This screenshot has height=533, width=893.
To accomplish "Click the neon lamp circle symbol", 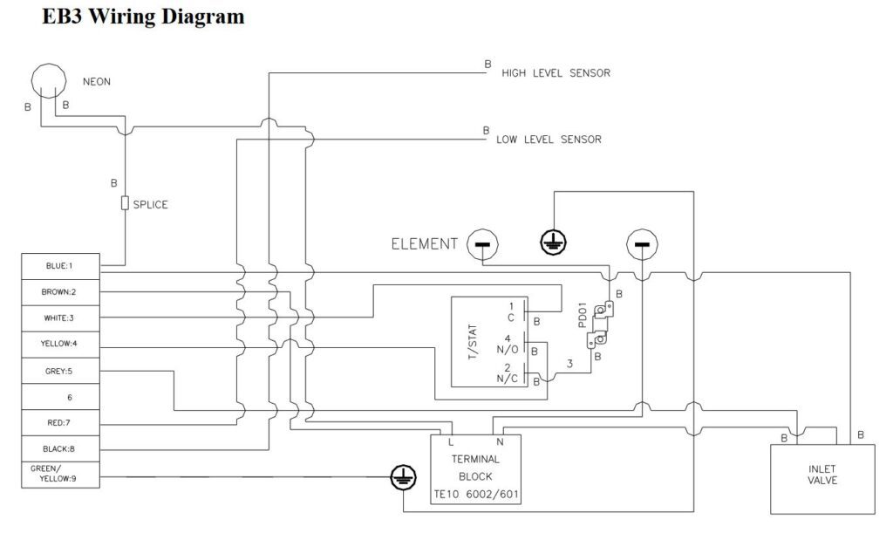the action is pos(49,65).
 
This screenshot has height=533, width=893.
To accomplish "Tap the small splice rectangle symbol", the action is pos(125,202).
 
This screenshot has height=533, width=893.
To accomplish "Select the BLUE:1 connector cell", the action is pos(60,266).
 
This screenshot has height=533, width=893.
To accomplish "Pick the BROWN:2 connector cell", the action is pos(60,292).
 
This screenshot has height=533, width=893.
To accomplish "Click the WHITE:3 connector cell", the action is pos(60,318).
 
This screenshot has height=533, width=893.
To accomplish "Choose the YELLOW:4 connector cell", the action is pos(60,345).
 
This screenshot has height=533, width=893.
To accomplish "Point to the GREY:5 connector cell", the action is pos(60,371).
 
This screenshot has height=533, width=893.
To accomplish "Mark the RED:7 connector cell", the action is pos(60,423).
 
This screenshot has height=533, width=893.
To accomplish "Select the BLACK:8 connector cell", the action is pos(60,448).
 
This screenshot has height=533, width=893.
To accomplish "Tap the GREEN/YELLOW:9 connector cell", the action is pos(60,475).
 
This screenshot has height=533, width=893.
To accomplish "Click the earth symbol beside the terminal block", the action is pos(403,476).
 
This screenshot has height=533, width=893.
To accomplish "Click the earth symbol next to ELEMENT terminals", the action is pos(553,243).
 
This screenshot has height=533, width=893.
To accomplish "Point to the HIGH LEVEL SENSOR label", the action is pos(556,73).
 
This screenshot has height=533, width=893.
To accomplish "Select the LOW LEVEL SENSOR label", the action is pos(549,140).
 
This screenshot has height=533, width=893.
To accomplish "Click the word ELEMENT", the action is pos(425,244).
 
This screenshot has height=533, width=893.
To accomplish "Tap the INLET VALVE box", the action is pos(822,479).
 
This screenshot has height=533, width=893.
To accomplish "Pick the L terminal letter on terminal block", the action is pos(451,442).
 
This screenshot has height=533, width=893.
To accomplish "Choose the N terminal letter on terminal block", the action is pos(500,442).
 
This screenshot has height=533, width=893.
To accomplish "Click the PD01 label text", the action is pos(582,315).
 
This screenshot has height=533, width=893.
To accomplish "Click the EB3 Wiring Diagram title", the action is pos(144,16).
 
